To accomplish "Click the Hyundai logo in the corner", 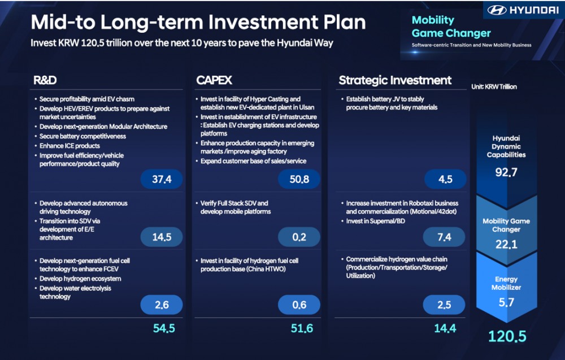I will point(523,10).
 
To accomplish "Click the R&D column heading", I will point(45,80).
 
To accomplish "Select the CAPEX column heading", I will point(214,80).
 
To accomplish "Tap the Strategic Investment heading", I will point(395,80).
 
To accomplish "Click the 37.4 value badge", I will point(162,179).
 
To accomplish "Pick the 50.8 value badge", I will point(299,179).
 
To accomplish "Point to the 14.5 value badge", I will point(162,237).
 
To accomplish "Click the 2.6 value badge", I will point(162,305).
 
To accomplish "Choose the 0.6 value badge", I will point(299,305).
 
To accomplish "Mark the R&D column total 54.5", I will point(164,328).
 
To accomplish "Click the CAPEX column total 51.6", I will point(301,328).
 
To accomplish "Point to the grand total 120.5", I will point(507,336).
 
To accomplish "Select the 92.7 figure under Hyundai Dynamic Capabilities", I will point(506,172).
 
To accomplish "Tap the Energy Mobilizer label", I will point(506,283).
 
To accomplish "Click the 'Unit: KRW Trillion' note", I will point(494,87).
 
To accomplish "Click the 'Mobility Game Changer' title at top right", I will point(451,27).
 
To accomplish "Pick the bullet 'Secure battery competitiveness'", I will point(82,136).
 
